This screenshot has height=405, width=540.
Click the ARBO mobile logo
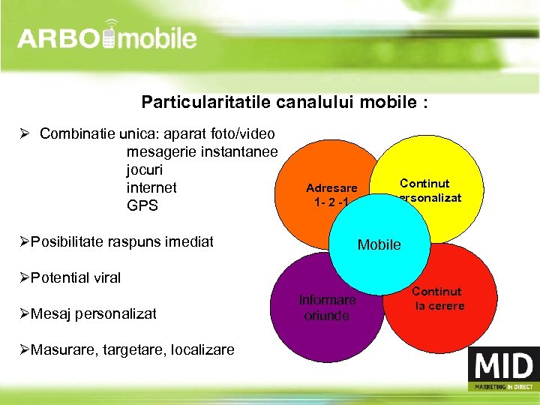click(x=107, y=38)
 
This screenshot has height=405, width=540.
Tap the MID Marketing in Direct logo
click(x=502, y=372)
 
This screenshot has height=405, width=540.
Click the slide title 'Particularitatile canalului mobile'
click(x=284, y=102)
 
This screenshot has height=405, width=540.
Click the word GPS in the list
click(x=142, y=205)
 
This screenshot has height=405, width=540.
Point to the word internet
click(x=151, y=187)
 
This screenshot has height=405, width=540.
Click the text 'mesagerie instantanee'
click(x=202, y=151)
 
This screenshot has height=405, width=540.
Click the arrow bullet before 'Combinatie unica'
click(x=25, y=133)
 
